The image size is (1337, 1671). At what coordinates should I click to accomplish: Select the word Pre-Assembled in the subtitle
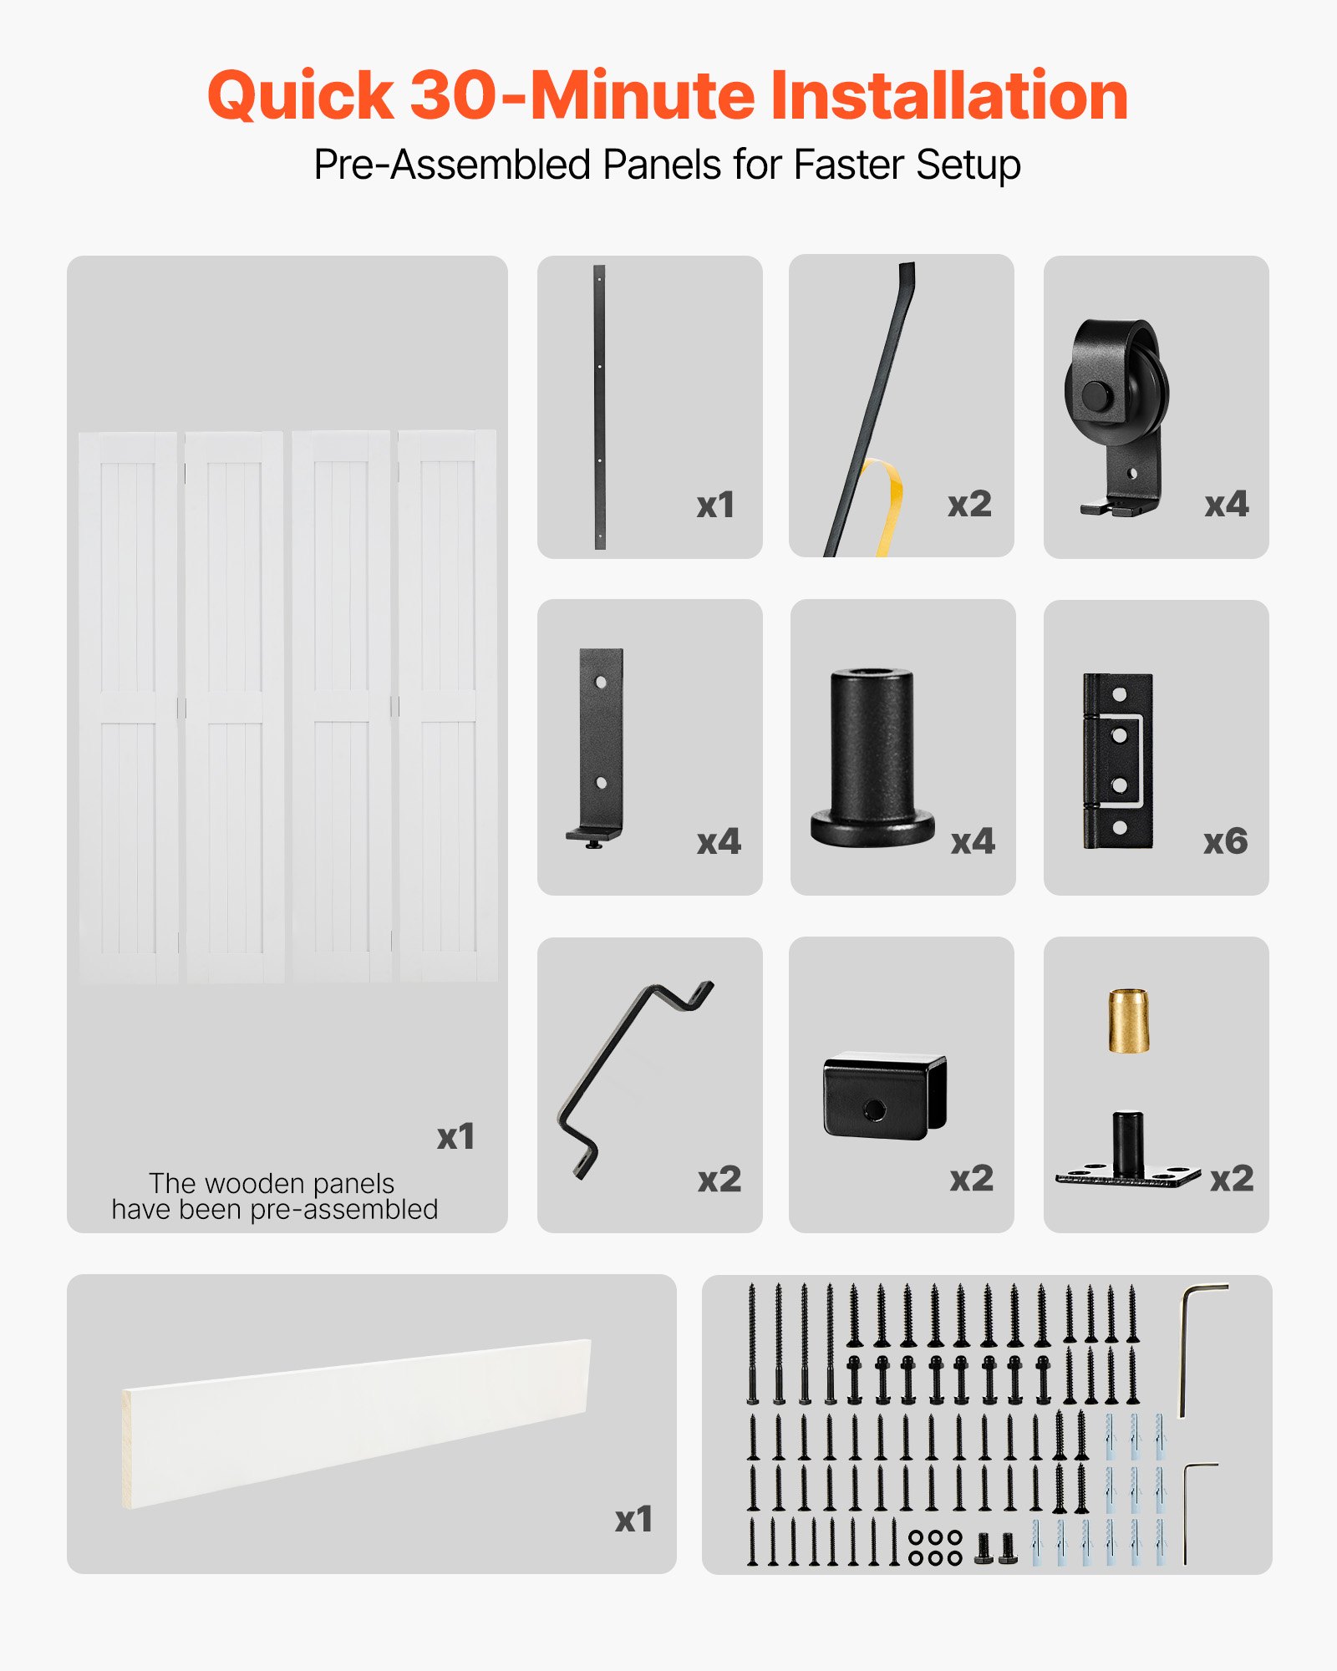[451, 165]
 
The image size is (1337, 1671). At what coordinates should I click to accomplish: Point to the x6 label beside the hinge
[1225, 841]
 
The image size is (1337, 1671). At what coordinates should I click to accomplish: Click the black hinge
[1118, 760]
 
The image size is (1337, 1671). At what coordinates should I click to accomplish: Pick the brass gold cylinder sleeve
[1128, 1021]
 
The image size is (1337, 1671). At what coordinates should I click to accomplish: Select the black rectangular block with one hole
[884, 1095]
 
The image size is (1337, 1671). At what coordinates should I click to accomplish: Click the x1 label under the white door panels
[455, 1136]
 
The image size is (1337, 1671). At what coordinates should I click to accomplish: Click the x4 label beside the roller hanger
[1226, 504]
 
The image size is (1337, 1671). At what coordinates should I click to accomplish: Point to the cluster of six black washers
[935, 1547]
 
